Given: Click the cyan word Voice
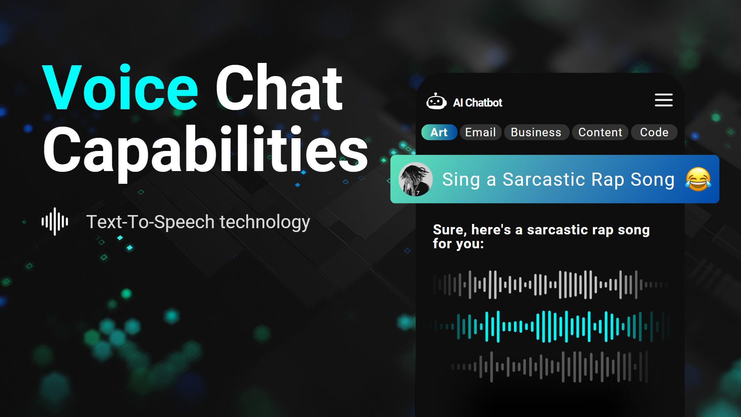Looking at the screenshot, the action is (120, 88).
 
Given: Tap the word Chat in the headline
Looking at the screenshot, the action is (279, 88).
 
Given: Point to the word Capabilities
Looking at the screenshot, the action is (206, 151).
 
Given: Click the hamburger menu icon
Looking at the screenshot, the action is (663, 100).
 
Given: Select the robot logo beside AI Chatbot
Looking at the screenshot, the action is (436, 102).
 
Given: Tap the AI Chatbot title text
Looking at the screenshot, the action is (477, 103).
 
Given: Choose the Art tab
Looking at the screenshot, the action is (439, 132).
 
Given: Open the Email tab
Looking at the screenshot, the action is (480, 132).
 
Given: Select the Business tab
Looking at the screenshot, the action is (536, 132).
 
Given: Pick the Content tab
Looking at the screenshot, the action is (600, 132).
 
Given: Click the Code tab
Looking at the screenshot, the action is (654, 132).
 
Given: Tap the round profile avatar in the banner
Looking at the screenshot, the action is (416, 179).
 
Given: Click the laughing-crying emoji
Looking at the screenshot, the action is (698, 179).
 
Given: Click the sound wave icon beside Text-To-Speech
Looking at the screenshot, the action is (55, 222).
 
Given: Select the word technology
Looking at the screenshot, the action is (265, 222).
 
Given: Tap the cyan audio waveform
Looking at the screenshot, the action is (548, 327).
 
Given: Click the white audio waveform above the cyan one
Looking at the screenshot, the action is (550, 285).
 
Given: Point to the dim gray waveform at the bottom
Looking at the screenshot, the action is (549, 366).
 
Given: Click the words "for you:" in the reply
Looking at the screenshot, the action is (458, 244).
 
